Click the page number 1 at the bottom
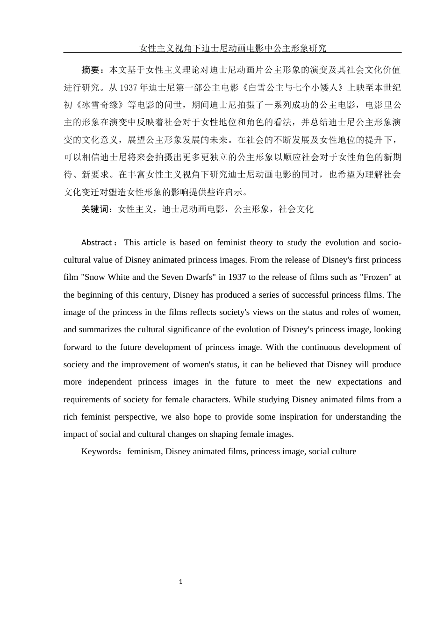(181, 582)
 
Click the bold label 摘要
(91, 70)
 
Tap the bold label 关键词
(95, 209)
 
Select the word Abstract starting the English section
(96, 243)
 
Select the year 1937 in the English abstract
(237, 277)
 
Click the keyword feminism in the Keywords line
(144, 451)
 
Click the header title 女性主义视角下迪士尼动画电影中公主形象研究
(233, 48)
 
